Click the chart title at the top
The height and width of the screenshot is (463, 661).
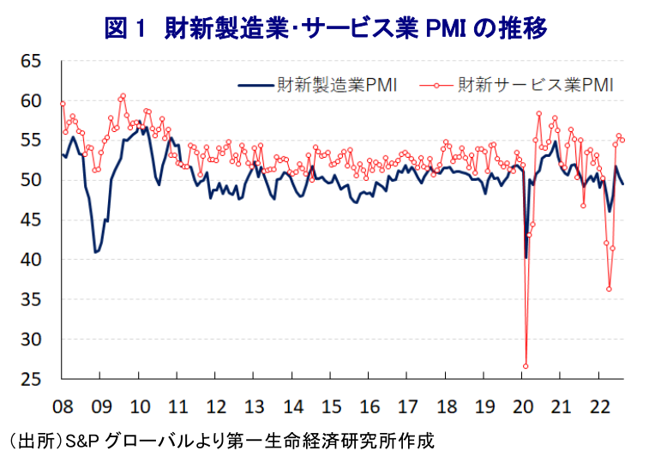click(x=326, y=28)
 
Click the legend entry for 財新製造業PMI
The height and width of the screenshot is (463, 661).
click(x=318, y=86)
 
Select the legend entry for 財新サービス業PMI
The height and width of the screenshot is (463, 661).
click(x=516, y=86)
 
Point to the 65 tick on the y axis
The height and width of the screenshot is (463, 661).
click(x=31, y=62)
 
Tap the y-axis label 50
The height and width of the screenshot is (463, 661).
click(x=31, y=180)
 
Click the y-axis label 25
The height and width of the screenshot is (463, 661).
click(x=31, y=380)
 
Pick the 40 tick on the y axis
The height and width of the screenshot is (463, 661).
click(x=31, y=260)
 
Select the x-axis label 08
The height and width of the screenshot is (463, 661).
click(x=63, y=407)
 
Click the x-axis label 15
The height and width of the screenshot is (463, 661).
click(x=331, y=407)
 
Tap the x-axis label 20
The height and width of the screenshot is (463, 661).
click(x=523, y=407)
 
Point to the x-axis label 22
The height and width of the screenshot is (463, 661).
click(x=599, y=407)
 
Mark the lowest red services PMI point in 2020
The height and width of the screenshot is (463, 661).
click(x=526, y=366)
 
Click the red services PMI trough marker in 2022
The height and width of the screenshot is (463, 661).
click(x=609, y=289)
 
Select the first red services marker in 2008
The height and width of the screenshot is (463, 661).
click(x=63, y=104)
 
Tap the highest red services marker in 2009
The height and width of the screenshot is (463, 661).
click(x=123, y=96)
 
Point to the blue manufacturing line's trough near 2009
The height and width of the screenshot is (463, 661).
click(x=96, y=252)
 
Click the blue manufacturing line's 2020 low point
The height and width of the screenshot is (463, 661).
click(x=526, y=258)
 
